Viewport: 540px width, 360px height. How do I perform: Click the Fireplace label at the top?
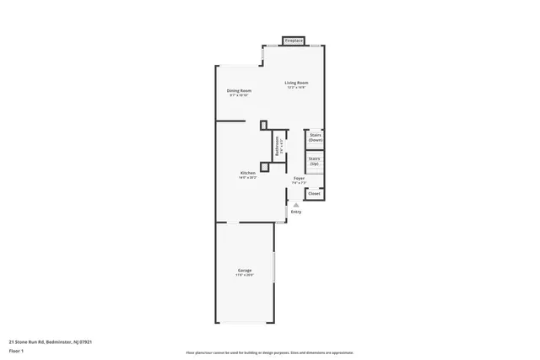tap(293, 40)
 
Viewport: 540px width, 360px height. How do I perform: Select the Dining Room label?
tap(239, 90)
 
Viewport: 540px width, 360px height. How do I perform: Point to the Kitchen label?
tap(246, 173)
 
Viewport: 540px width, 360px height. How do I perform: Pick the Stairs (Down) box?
tap(315, 137)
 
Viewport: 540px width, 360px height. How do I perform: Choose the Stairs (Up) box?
tap(314, 160)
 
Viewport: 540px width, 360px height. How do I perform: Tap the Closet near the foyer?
tap(314, 194)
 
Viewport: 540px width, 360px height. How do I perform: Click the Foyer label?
tap(299, 178)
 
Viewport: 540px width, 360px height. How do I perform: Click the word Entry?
tap(296, 211)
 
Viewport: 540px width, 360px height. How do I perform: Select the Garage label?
tap(244, 270)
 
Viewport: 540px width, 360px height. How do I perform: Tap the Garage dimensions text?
tap(244, 275)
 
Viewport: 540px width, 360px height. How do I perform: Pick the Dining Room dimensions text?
tap(239, 95)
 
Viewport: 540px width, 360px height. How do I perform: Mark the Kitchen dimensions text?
tap(246, 178)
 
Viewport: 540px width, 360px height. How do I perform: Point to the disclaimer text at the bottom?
tap(269, 352)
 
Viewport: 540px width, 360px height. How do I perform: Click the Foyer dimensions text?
tap(299, 183)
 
